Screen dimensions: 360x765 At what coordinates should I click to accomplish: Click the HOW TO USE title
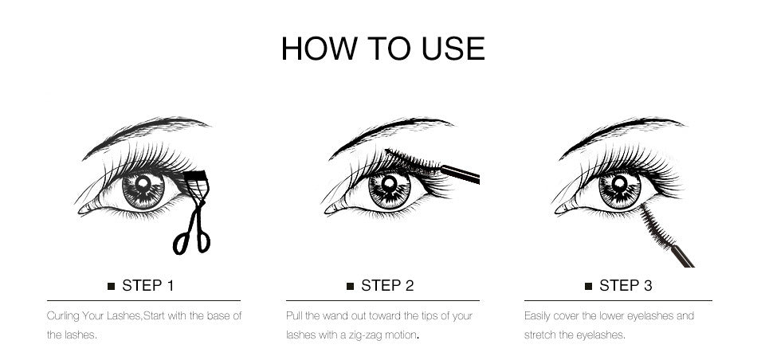coord(382,49)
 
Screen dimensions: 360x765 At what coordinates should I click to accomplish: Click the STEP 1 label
coord(147,285)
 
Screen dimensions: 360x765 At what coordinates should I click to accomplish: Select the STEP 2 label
coord(387,285)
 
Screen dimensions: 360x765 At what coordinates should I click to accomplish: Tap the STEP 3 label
coord(626,285)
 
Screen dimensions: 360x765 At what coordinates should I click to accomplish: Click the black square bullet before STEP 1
coord(111,286)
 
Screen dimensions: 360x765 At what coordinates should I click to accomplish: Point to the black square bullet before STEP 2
coord(350,286)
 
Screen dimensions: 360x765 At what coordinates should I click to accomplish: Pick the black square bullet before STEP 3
coord(588,286)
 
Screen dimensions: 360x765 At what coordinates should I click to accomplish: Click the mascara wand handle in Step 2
coord(461,173)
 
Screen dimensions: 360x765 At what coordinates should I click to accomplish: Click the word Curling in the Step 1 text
coord(63,316)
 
